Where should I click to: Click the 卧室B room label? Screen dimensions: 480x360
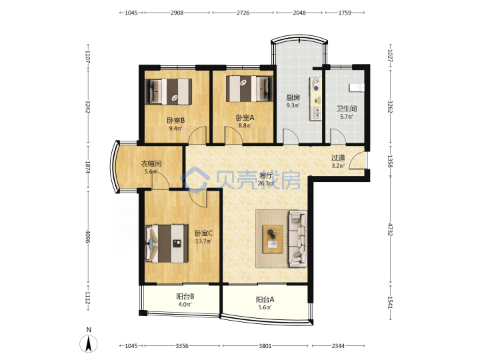pos(176,121)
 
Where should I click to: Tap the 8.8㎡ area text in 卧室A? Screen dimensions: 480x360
pos(245,125)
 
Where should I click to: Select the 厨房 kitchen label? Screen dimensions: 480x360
pos(293,97)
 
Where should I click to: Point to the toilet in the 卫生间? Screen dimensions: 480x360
pos(357,87)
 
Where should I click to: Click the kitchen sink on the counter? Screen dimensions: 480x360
pos(315,113)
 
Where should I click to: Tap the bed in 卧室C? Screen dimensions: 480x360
pos(167,244)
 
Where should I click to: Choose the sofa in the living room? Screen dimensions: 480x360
pos(297,238)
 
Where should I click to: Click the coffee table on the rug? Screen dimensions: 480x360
pos(273,239)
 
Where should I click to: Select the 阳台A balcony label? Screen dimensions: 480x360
pos(265,299)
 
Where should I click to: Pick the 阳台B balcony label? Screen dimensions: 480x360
pos(185,296)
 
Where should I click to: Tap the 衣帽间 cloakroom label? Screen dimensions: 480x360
pos(151,164)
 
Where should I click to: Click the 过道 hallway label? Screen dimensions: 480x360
pos(338,158)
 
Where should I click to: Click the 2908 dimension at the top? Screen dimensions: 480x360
pos(177,13)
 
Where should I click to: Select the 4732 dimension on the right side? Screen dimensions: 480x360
pos(390,229)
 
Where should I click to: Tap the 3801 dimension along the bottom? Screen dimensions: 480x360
pos(265,346)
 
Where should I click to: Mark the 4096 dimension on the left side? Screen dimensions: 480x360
pos(88,236)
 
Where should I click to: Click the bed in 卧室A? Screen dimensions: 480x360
pos(249,89)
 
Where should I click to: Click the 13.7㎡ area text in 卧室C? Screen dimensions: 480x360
pos(204,241)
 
